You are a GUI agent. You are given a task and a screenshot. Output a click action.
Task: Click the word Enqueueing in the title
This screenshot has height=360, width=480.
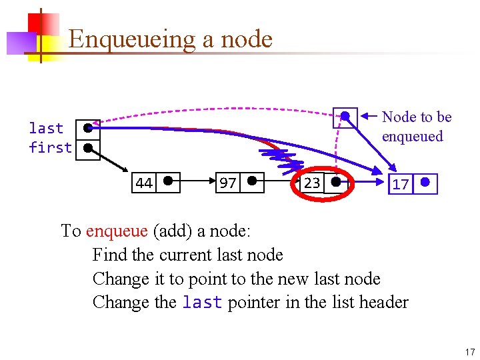131,39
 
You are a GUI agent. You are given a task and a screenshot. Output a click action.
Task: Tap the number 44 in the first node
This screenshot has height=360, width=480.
143,183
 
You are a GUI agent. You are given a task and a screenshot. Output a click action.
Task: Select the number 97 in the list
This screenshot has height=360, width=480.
227,183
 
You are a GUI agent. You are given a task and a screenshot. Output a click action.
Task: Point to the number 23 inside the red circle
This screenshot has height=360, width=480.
311,183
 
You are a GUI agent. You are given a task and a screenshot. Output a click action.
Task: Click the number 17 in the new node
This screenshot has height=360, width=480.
400,184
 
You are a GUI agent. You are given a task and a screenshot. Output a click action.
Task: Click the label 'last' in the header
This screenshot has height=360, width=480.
46,128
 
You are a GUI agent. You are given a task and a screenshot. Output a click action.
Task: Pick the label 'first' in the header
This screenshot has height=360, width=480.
50,147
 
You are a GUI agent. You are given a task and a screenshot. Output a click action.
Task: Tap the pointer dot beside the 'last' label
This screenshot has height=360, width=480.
87,129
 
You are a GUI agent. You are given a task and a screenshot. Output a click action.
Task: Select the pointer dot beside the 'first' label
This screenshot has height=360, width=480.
87,148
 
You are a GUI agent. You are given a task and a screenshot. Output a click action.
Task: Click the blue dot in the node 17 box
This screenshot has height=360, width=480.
425,182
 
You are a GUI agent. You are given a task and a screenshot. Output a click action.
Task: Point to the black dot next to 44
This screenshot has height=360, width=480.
168,180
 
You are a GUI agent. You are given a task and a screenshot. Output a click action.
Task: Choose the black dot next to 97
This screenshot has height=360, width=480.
252,180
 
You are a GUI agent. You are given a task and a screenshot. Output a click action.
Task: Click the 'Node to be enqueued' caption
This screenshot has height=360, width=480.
416,127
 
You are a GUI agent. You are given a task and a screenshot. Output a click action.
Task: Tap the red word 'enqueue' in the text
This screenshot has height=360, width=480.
117,231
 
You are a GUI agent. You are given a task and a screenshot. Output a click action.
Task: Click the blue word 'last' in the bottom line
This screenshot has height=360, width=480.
202,303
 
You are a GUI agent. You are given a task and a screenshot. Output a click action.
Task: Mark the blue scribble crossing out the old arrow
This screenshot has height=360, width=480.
283,160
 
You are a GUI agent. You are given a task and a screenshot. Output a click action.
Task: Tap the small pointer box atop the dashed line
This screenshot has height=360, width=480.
345,117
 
